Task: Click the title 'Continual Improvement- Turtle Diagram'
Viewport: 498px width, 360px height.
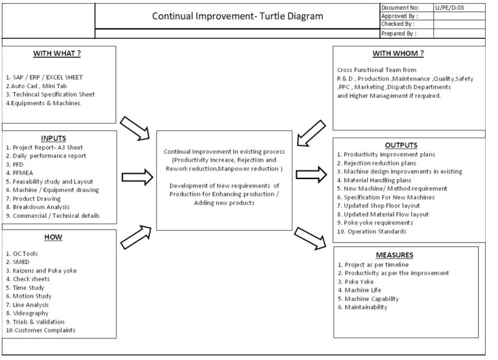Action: click(x=237, y=16)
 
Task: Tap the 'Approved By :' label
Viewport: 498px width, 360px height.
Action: click(x=399, y=16)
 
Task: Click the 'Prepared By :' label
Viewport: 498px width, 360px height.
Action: click(x=399, y=32)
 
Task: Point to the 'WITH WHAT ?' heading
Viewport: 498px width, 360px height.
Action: click(x=58, y=53)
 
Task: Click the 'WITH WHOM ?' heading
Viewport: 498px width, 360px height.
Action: click(x=398, y=53)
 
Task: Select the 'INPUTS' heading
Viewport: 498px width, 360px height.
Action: click(x=53, y=138)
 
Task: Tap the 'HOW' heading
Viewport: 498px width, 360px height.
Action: click(x=53, y=237)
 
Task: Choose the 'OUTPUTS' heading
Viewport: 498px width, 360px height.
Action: click(x=400, y=145)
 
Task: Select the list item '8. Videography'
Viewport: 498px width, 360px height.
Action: click(x=31, y=313)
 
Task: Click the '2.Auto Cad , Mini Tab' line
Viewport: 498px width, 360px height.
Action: click(x=36, y=86)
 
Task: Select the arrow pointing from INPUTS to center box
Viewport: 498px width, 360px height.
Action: click(x=136, y=177)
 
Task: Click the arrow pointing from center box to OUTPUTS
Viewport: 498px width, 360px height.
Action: click(x=311, y=173)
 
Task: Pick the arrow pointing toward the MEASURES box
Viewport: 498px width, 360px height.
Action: click(x=309, y=238)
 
